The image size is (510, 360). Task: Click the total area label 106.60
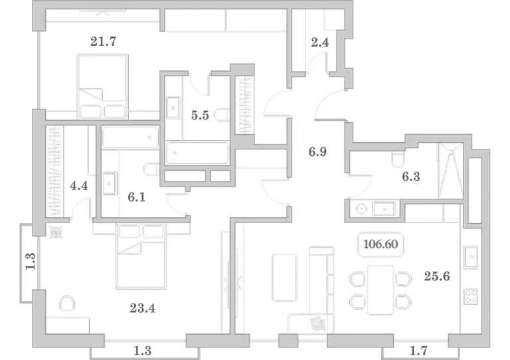381,244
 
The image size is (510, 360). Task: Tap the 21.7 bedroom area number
104,42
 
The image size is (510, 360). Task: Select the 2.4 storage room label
319,43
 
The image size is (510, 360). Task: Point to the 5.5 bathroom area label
200,115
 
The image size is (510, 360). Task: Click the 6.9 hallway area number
317,152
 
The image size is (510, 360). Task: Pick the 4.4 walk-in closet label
79,186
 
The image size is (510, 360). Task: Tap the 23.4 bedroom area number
143,308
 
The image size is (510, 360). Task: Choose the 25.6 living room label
437,276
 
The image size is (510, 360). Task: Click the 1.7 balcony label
418,351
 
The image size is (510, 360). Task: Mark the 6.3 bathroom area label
411,177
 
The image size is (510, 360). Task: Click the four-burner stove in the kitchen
470,297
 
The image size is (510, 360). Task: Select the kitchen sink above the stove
470,258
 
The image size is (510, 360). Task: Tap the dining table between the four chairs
381,290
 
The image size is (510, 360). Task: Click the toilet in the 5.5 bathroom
223,115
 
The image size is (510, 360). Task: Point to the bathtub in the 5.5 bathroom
197,153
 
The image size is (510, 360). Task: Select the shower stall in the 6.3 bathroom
450,171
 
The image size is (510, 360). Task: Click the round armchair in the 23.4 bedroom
67,304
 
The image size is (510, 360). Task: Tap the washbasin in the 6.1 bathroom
110,183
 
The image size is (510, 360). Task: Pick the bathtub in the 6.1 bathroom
130,137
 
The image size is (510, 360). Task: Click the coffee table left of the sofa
284,278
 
